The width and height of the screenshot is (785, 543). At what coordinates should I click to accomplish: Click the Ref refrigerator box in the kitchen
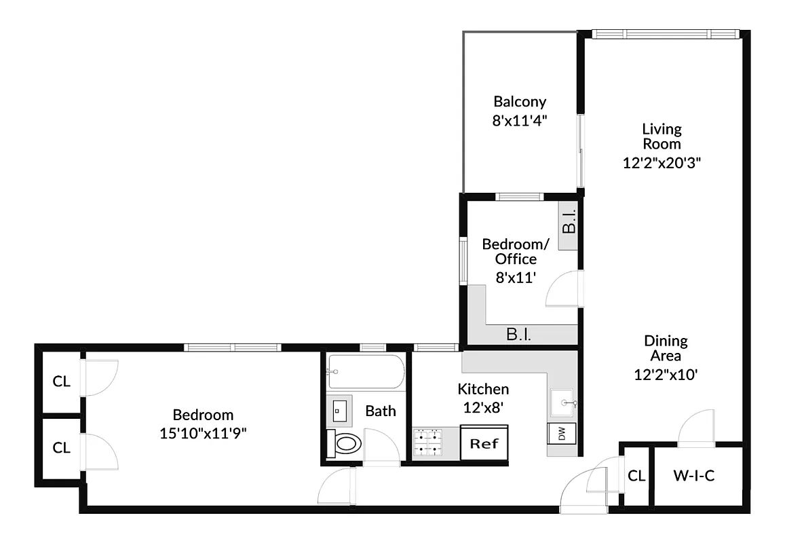point(484,444)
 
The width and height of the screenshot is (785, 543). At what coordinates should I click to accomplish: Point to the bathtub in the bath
point(365,372)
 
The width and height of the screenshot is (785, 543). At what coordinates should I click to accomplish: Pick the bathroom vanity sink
point(340,411)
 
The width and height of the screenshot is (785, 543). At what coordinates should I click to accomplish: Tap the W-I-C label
point(694,476)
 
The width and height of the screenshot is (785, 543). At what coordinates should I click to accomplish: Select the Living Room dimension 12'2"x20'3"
point(662,163)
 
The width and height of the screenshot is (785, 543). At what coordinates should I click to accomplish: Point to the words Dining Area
point(666,348)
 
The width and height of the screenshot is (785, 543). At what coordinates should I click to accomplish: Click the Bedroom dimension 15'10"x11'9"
point(203,432)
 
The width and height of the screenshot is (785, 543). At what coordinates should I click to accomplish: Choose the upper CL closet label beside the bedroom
point(62,381)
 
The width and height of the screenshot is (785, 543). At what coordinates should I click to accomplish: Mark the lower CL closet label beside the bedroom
point(62,448)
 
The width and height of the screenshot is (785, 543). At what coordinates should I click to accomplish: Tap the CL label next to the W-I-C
point(636,476)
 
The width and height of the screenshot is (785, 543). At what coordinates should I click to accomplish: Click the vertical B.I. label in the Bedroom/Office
point(568,221)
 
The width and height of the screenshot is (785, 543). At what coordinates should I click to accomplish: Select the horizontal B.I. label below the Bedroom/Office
point(519,334)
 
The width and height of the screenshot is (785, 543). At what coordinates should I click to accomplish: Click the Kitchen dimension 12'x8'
point(483,408)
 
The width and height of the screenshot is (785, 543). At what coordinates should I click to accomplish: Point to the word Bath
point(381,411)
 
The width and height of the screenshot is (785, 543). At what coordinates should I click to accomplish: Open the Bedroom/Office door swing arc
point(562,288)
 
